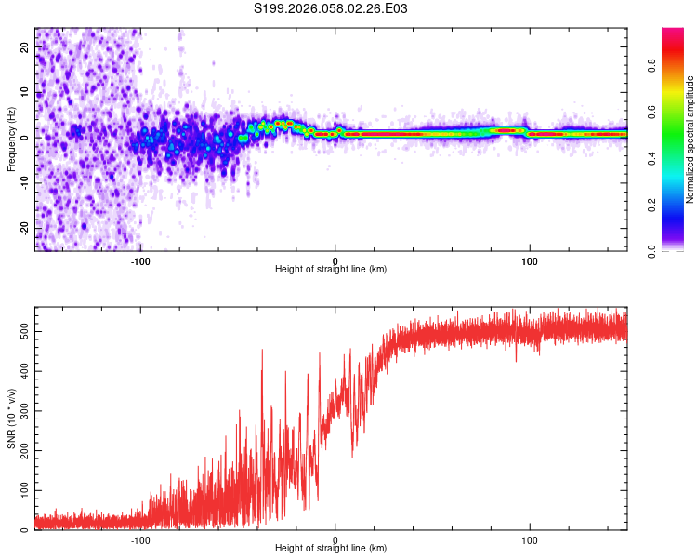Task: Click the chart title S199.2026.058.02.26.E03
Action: [331, 8]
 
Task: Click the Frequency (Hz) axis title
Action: [11, 139]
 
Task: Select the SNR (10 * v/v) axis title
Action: [11, 418]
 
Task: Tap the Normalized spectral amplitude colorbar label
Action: [690, 139]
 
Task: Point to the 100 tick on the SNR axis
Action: [22, 489]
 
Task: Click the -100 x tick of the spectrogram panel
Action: [140, 260]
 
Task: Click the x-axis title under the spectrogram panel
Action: [331, 270]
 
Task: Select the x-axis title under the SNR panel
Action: [331, 549]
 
